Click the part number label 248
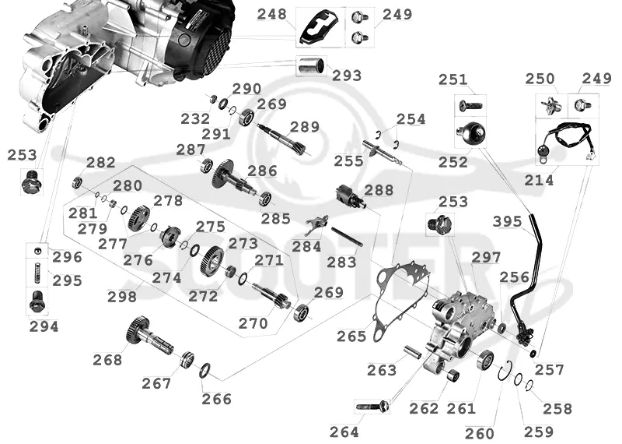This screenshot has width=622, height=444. point(271,14)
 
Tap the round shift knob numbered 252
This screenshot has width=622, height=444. point(471,133)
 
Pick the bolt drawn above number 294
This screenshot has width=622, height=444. point(37,302)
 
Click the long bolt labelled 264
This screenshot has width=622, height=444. point(372,407)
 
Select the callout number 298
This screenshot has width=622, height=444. point(122,297)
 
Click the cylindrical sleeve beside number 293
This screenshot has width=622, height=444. point(312,65)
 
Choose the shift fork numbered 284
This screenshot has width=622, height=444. point(317,224)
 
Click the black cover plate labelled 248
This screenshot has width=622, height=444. point(321,27)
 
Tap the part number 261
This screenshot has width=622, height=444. point(461,408)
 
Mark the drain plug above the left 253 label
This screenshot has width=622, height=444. point(30,181)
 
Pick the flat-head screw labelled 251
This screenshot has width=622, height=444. point(470,106)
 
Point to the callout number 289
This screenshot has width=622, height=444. point(305,127)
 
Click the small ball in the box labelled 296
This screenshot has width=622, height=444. point(37,249)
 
